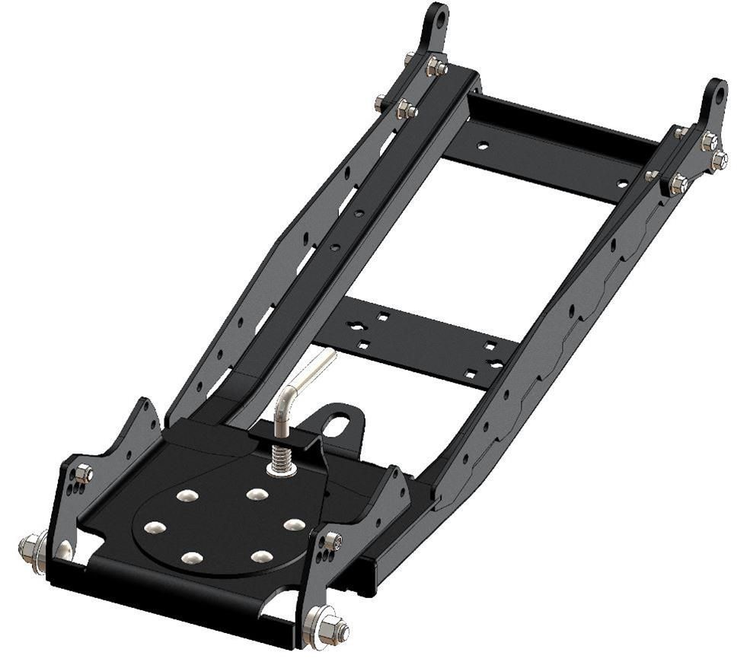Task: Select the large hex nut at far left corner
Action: tap(30, 546)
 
